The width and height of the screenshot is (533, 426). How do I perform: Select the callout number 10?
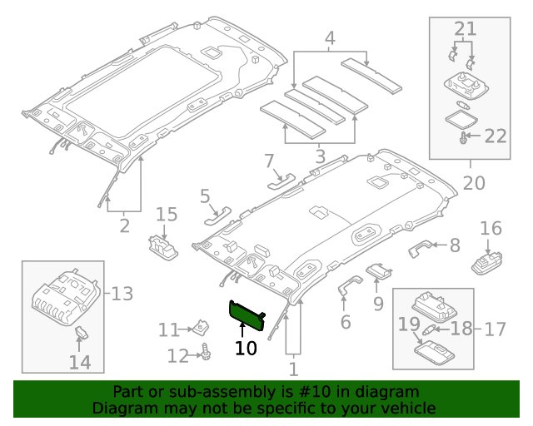246,348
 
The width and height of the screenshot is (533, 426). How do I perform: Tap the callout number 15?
167,215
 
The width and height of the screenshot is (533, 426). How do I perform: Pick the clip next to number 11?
200,328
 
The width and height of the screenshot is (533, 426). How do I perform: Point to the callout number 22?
496,136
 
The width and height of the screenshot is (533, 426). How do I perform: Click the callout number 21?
464,29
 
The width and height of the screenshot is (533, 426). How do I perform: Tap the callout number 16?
491,228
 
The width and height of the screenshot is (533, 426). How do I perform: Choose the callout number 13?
122,293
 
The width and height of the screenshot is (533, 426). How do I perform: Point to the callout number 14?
80,362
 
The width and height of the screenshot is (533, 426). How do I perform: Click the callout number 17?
495,329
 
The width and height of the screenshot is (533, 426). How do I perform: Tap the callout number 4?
330,38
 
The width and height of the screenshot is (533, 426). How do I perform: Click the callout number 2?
125,225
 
